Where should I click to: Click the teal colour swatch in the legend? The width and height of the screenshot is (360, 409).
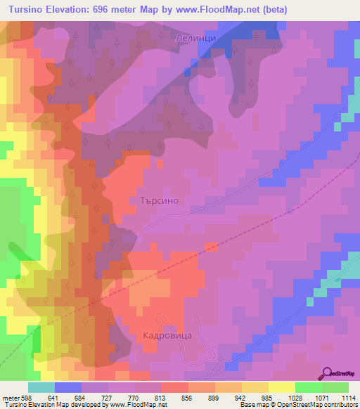tap(41, 387)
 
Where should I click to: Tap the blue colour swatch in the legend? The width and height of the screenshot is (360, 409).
tap(68, 387)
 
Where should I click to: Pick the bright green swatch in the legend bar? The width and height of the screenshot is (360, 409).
tap(309, 387)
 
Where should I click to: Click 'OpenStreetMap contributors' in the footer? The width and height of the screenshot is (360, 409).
tap(316, 405)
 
